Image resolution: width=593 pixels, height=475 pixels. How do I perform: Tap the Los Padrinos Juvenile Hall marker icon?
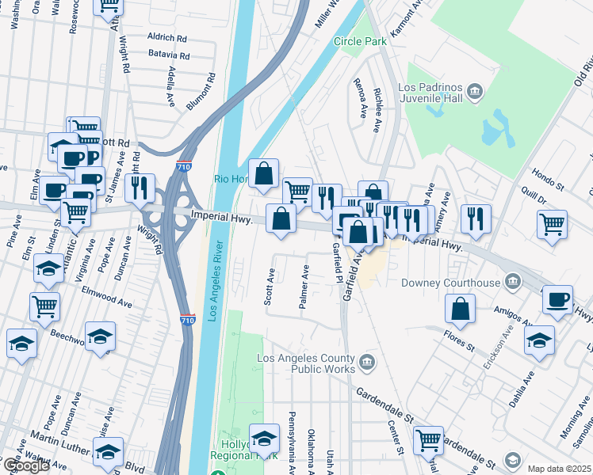click(475, 92)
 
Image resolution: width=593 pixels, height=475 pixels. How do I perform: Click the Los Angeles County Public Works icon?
click(366, 363)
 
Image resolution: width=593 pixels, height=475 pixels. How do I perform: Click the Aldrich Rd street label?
click(167, 37)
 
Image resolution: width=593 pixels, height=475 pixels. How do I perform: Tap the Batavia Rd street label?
click(169, 56)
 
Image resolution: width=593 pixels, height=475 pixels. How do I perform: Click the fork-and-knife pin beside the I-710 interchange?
click(140, 188)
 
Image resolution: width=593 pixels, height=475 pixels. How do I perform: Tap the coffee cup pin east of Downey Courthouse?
click(557, 300)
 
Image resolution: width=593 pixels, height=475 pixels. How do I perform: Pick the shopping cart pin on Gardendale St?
click(428, 439)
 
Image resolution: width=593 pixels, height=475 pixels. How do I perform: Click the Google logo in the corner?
click(25, 465)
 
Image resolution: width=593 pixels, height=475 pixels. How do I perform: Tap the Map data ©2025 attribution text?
click(559, 469)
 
